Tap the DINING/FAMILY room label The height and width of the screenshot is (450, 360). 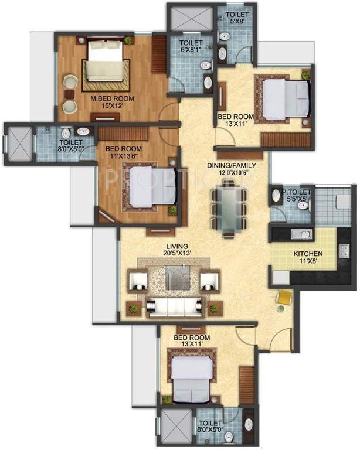pos(232,169)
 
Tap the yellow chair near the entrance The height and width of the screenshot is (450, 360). pos(284,298)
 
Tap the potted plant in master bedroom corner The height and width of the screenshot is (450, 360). pos(128,40)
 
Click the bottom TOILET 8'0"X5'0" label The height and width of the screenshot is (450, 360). pos(210,427)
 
